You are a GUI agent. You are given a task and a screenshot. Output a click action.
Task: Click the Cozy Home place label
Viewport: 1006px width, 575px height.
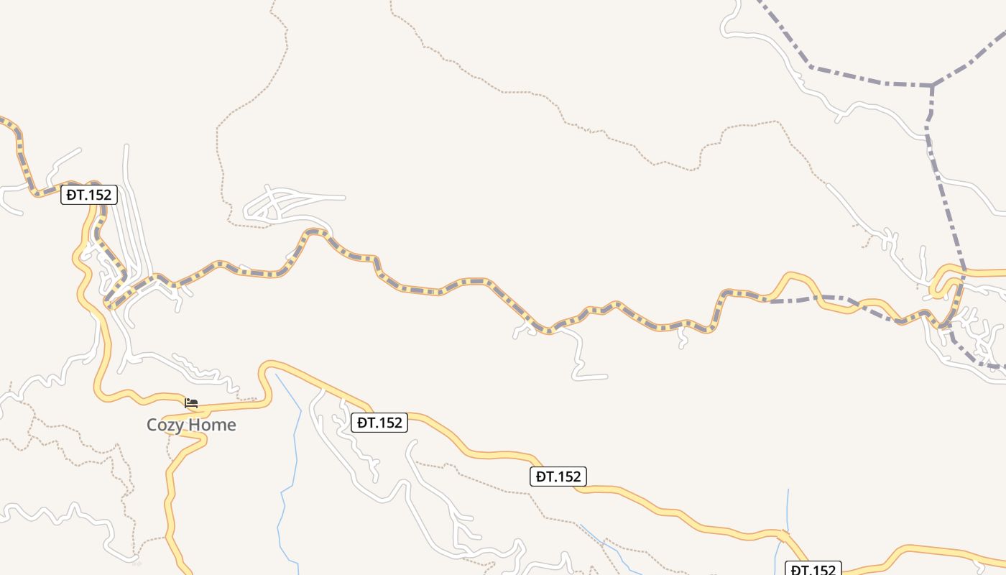tap(191, 425)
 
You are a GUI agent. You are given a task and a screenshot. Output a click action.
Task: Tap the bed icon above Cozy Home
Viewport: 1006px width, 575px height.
tap(191, 403)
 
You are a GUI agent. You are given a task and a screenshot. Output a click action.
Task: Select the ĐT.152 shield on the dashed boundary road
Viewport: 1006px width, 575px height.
tap(88, 195)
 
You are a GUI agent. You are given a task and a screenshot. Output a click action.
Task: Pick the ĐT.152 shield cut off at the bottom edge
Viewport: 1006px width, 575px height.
tap(813, 569)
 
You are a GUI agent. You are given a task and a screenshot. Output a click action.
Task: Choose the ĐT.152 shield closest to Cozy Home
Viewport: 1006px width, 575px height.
tap(379, 423)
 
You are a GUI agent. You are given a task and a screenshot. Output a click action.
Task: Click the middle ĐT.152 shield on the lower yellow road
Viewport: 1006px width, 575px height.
tap(558, 476)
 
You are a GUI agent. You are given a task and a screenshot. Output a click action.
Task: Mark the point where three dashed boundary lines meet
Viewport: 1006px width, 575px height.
tap(932, 86)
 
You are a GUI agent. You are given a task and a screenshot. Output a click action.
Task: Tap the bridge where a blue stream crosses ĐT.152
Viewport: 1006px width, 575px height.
tap(783, 535)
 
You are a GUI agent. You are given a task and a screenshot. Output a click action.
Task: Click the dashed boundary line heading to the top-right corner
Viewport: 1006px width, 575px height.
tap(970, 60)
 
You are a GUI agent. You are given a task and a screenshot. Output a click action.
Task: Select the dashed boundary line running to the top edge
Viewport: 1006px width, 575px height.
tap(783, 36)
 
